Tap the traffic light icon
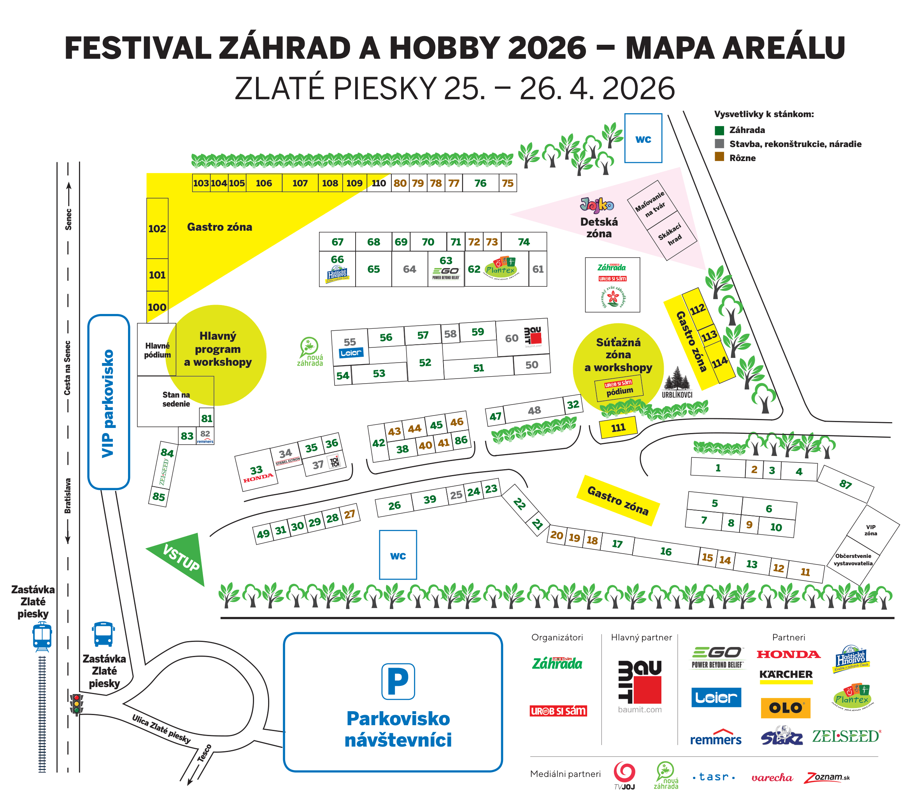[x=77, y=704]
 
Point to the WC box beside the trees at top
[x=643, y=139]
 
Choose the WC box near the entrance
[x=398, y=555]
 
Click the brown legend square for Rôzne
[x=719, y=157]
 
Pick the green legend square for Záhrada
[x=719, y=130]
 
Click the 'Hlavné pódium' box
[x=156, y=349]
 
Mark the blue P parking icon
[x=398, y=682]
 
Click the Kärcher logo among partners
[x=786, y=675]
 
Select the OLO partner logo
[x=786, y=708]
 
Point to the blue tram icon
[x=42, y=637]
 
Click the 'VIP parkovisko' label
[x=108, y=403]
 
